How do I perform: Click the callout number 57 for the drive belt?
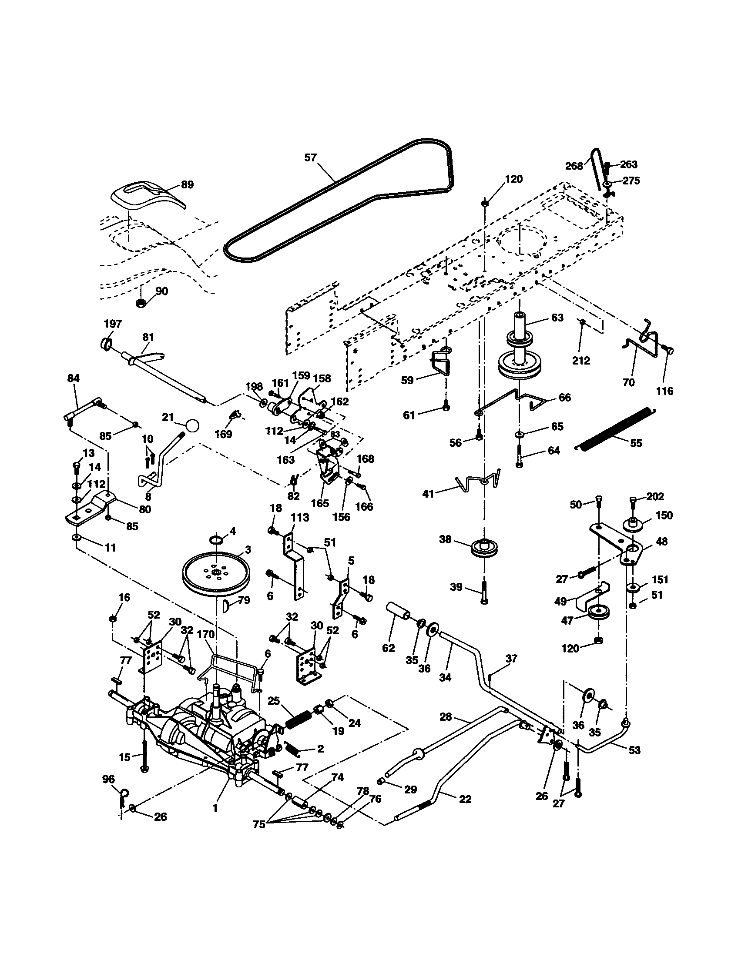point(310,157)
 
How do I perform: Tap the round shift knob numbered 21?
point(192,425)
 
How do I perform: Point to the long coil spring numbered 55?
point(614,428)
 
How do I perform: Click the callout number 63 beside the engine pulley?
point(557,318)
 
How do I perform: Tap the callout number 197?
point(113,324)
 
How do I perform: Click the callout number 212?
point(581,361)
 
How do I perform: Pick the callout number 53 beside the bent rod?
point(634,750)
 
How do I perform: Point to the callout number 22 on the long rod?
point(465,799)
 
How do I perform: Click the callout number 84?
point(73,378)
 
